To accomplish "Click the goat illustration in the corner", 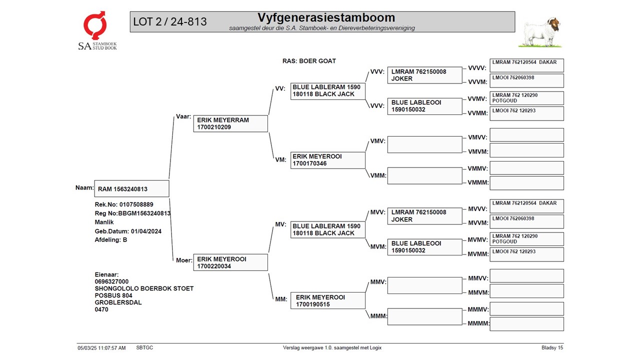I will coord(541,32).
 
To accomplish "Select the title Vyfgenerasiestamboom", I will coord(326,18).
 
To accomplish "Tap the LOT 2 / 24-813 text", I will coord(170,22).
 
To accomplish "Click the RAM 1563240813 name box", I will coord(131,189).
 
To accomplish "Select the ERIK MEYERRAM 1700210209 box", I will coord(230,123).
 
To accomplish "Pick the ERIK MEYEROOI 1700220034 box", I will coord(230,262).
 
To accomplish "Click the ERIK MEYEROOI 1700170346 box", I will coord(328,160).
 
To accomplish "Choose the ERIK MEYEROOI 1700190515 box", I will coord(328,300).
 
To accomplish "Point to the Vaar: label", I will coord(183,116).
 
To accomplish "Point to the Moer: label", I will coord(183,260).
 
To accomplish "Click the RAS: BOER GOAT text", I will coord(309,61).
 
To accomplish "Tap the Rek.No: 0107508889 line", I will coord(124,204).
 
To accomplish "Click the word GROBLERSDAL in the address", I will coord(118,302).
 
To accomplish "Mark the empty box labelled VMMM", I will coord(526,183).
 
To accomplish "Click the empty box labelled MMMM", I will coord(526,324).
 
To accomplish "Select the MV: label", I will coord(280,224).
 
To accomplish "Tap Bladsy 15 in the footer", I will coord(552,347).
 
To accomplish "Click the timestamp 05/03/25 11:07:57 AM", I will coord(101,347).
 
